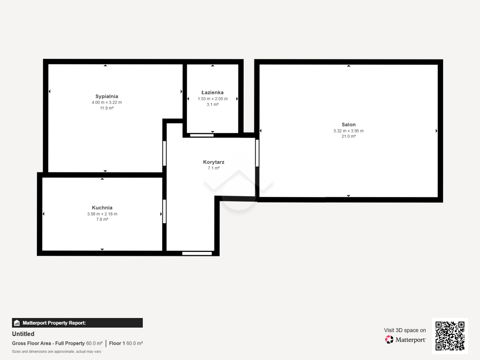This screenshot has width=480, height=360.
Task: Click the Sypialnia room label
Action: [107, 96]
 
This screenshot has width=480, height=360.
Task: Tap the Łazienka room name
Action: [212, 92]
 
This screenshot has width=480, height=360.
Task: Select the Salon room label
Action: [348, 124]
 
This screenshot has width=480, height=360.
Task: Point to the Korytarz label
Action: [214, 162]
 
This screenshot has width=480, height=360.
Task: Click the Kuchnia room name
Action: [102, 208]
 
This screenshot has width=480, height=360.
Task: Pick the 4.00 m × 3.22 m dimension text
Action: [107, 102]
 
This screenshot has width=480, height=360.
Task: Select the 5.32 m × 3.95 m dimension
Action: [348, 131]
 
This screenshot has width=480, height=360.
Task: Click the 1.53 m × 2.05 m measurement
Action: [212, 99]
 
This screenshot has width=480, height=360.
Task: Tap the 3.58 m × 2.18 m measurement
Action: [102, 214]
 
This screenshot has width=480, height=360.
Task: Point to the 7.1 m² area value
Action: [214, 168]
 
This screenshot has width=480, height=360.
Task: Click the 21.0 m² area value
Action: [348, 136]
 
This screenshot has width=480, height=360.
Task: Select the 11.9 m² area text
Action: [107, 108]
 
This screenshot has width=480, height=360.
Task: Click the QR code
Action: [450, 336]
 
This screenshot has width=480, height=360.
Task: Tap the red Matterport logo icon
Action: [389, 340]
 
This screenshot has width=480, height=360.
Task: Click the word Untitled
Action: [23, 334]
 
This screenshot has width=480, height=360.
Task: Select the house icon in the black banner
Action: [17, 323]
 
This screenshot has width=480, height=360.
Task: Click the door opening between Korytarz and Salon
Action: [257, 153]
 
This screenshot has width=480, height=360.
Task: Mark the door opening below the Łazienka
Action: [202, 136]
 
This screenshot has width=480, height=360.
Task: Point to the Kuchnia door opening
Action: [164, 211]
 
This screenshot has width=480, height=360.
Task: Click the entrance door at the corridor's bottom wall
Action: [197, 254]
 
